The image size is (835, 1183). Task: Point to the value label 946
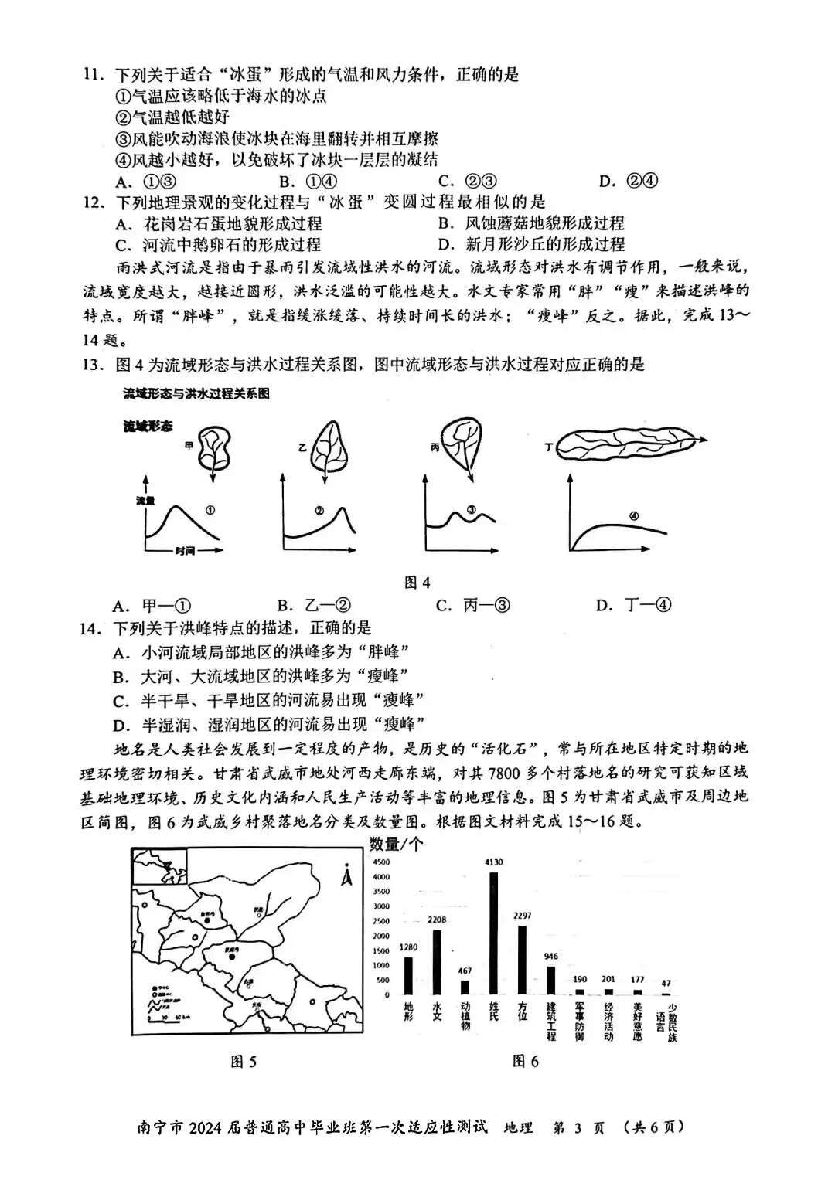[x=550, y=957]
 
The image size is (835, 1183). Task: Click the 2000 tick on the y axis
[x=381, y=936]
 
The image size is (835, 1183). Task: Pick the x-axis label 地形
[x=409, y=1012]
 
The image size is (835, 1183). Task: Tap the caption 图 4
[x=417, y=583]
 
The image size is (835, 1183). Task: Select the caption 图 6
[x=526, y=1061]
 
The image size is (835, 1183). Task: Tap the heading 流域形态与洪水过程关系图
[x=197, y=393]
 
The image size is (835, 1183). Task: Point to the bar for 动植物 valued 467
[x=465, y=987]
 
